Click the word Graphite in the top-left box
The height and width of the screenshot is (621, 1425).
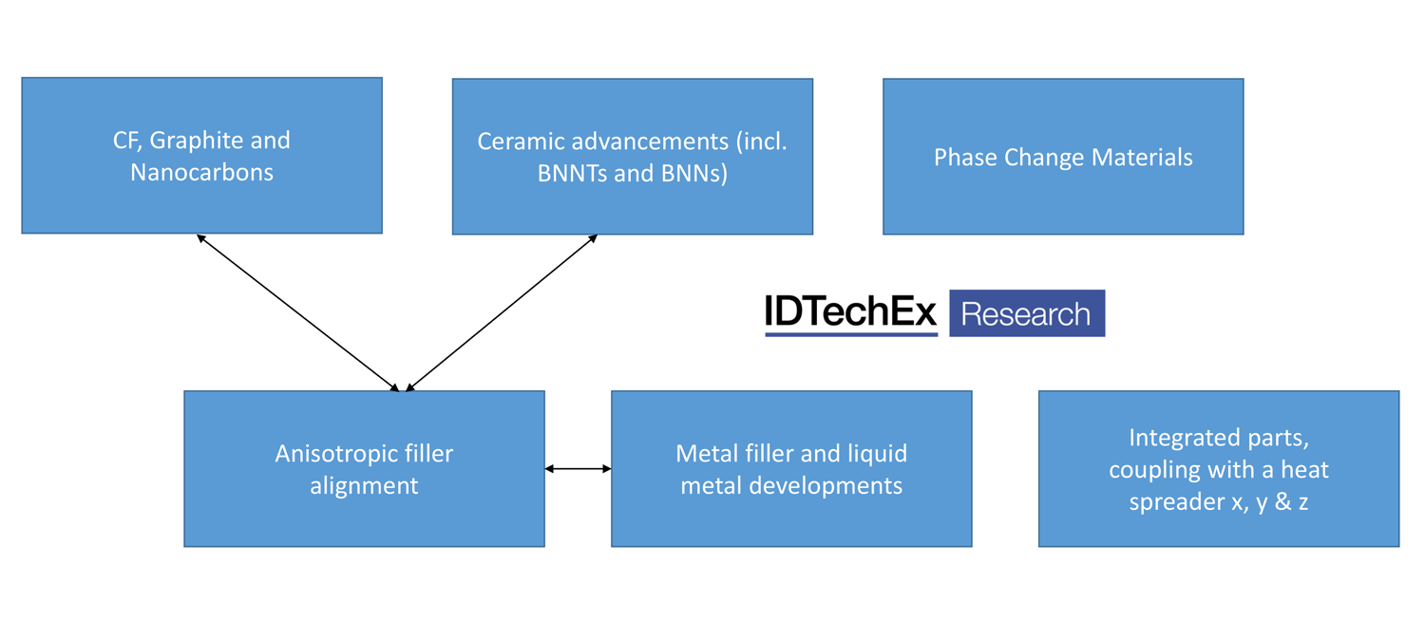[x=194, y=141]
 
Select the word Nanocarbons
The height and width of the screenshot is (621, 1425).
[x=201, y=173]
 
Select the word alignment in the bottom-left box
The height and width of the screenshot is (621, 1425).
[x=364, y=486]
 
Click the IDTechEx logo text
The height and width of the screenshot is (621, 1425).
[x=850, y=313]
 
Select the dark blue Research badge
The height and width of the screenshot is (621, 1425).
[x=1026, y=313]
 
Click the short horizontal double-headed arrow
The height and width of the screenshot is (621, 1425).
[x=578, y=468]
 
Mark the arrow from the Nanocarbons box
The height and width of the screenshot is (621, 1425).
[x=297, y=312]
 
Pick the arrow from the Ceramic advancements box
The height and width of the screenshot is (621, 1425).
[x=501, y=312]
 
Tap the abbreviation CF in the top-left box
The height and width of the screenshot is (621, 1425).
[x=126, y=141]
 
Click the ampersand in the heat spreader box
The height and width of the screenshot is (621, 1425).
[x=1282, y=501]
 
